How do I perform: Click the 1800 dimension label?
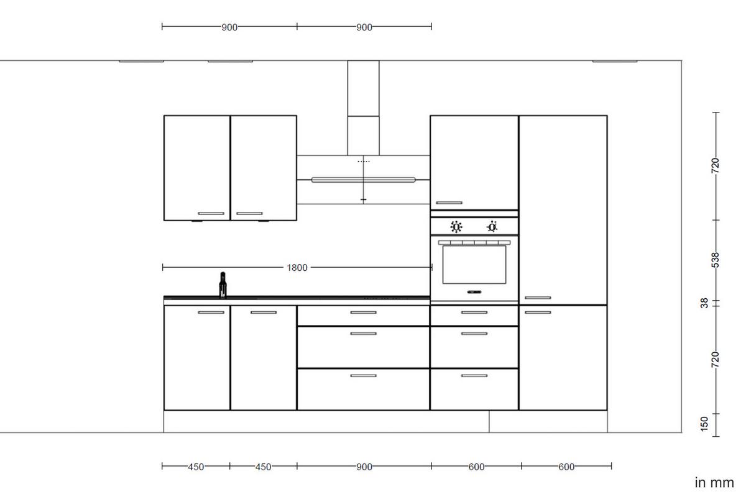tap(297, 268)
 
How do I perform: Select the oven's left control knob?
tap(456, 227)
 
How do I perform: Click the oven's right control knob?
tap(492, 227)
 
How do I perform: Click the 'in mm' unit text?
tap(714, 482)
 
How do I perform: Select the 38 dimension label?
tap(704, 303)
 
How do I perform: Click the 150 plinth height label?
tap(704, 423)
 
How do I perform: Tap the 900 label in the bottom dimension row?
tap(364, 467)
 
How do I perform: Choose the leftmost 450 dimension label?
tap(196, 467)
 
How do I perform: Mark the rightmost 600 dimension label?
tap(566, 467)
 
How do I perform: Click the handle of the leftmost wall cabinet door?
tap(211, 214)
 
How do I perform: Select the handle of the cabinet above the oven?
tap(449, 203)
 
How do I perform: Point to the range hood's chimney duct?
tap(363, 106)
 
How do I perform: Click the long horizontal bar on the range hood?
tap(364, 180)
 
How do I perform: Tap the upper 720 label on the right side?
tap(715, 165)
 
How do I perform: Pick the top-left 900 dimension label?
tap(229, 27)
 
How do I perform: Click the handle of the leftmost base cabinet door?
tap(211, 312)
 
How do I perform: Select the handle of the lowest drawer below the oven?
tap(474, 376)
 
